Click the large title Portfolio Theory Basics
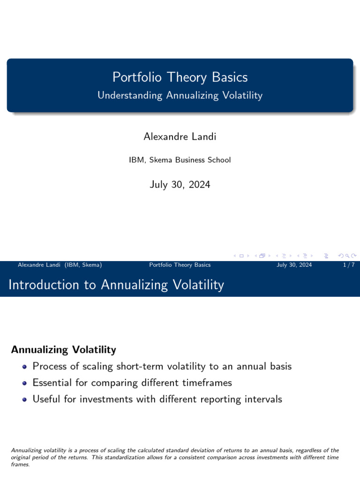point(180,77)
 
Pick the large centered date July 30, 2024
point(180,185)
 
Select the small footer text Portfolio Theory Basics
point(180,265)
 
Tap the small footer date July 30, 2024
point(294,265)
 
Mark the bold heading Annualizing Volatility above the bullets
point(63,350)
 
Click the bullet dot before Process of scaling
point(25,367)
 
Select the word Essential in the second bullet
point(52,383)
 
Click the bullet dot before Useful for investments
point(25,400)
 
